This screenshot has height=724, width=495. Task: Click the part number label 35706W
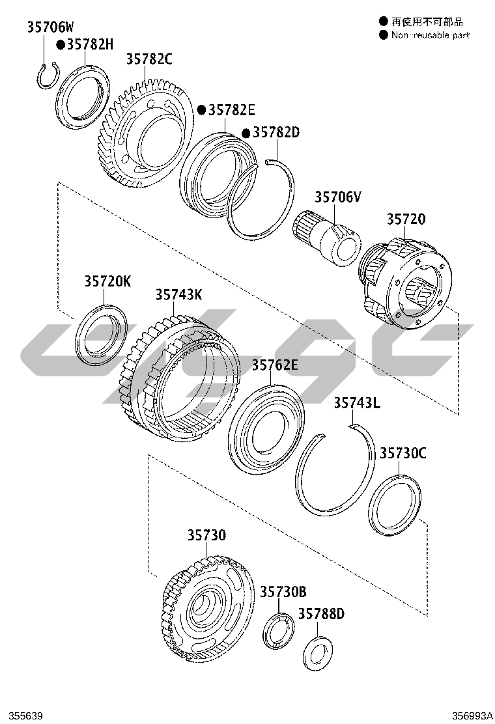tap(50, 27)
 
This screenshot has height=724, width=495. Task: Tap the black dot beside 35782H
tap(61, 44)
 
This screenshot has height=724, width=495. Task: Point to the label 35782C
tap(149, 59)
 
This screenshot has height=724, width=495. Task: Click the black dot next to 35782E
tap(202, 110)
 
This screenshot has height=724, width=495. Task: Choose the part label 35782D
tap(277, 133)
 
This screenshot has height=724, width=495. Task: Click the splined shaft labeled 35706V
tap(326, 238)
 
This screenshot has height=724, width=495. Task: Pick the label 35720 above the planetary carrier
tap(406, 219)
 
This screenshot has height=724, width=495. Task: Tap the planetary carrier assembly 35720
tap(406, 283)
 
